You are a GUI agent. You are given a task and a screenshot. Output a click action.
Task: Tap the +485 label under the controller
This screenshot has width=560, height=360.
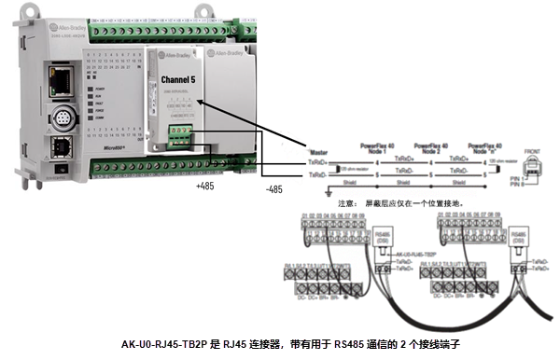click(x=204, y=188)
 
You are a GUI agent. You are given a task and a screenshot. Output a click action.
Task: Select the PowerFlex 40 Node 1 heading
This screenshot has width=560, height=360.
click(x=375, y=149)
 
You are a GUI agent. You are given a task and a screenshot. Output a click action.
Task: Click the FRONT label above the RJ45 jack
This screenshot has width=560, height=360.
click(x=532, y=150)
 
